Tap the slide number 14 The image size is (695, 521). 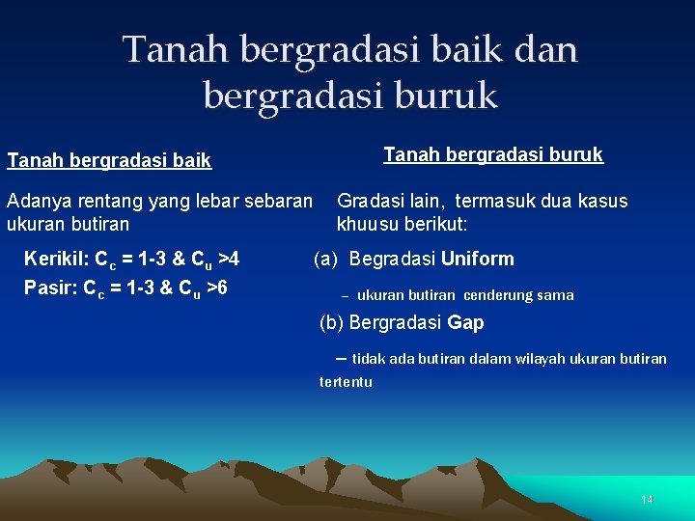647,500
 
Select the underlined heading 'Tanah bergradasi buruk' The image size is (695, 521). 493,154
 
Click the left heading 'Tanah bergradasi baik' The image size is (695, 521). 109,161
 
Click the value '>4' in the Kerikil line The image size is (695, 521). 229,259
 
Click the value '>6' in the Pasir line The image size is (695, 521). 217,287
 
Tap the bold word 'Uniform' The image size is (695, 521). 478,259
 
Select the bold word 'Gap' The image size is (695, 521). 466,323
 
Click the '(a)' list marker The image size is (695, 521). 325,259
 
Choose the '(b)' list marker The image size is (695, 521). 331,323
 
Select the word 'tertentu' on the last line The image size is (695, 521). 346,382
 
